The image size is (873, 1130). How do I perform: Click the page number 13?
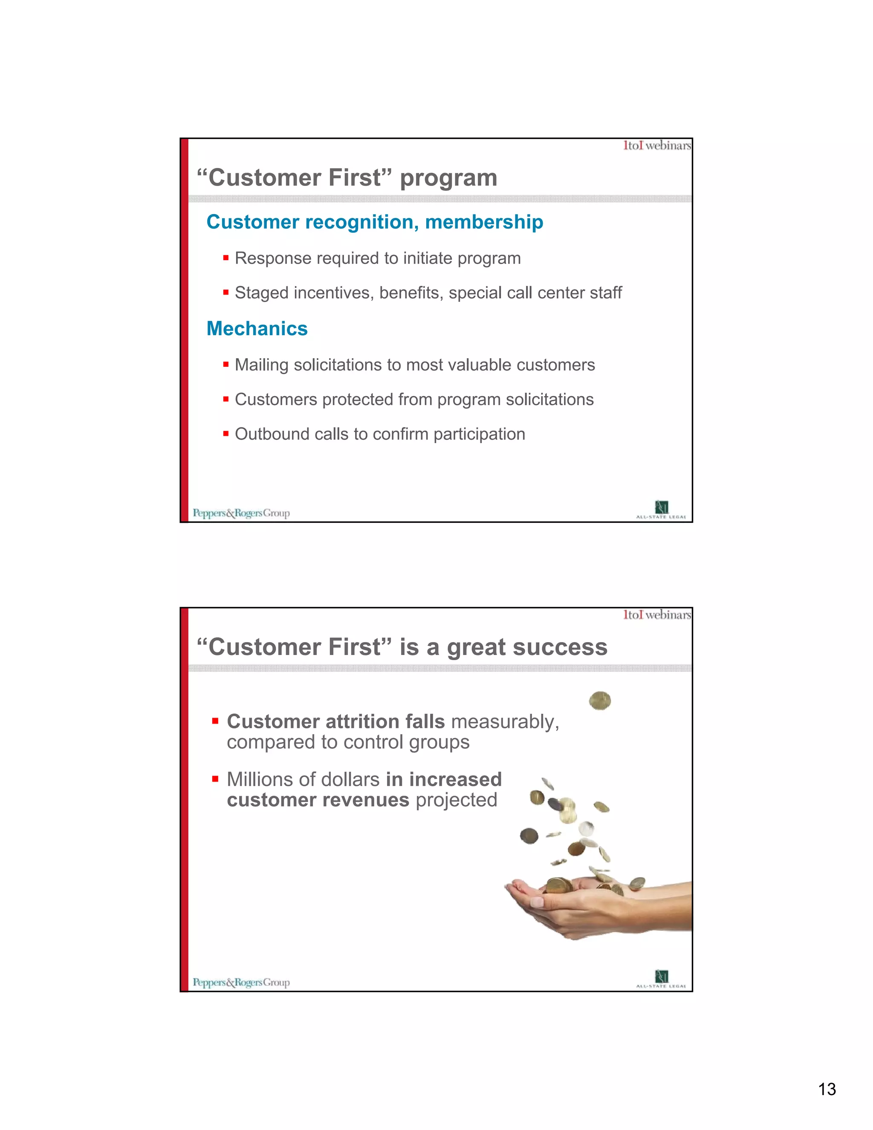click(827, 1089)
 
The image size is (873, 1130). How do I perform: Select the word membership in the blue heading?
click(484, 223)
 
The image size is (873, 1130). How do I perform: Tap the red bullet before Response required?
click(226, 257)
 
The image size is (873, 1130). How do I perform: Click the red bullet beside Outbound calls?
click(226, 434)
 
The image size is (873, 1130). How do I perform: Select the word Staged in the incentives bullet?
click(262, 293)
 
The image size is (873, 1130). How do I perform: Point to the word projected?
click(456, 800)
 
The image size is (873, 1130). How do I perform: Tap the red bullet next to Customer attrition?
click(215, 721)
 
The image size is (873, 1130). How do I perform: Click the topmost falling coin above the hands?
click(600, 701)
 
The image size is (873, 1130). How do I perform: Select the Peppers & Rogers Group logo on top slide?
click(241, 513)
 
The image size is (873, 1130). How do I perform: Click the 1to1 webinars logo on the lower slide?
click(657, 614)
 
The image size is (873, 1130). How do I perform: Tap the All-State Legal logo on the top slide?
click(661, 510)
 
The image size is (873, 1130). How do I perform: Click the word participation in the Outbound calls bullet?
click(480, 435)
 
